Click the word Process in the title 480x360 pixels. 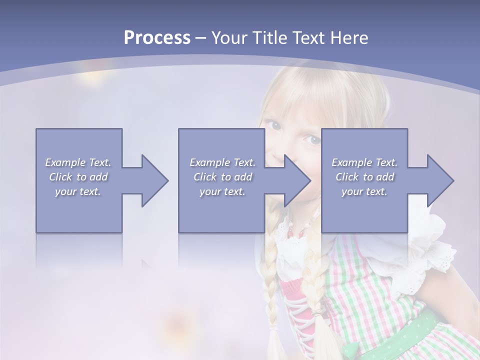tap(157, 37)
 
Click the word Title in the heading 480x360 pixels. tap(266, 37)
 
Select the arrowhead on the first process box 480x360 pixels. tap(152, 180)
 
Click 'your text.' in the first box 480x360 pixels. tap(78, 191)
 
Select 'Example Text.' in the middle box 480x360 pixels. tap(222, 162)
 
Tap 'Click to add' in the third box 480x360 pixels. tap(365, 177)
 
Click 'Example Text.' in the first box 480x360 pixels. tap(78, 162)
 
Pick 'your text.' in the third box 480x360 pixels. tap(364, 191)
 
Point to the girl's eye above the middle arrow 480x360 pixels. tap(313, 140)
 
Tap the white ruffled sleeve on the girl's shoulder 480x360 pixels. tap(430, 250)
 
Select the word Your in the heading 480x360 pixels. tap(228, 37)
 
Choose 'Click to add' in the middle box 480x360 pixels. tap(222, 177)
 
